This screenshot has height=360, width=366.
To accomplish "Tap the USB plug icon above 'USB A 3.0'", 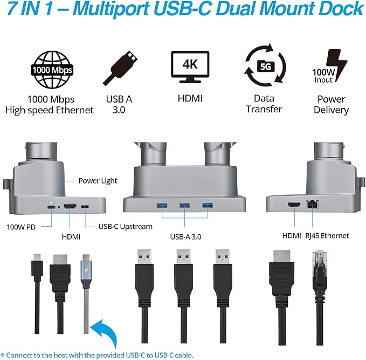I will (121, 67).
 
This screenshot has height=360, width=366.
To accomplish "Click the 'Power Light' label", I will (98, 181).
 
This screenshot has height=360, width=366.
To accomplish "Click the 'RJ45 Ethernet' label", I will (328, 235).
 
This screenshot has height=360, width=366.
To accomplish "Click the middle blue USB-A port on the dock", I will (185, 205).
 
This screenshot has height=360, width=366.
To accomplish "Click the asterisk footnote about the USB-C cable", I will (96, 355).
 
